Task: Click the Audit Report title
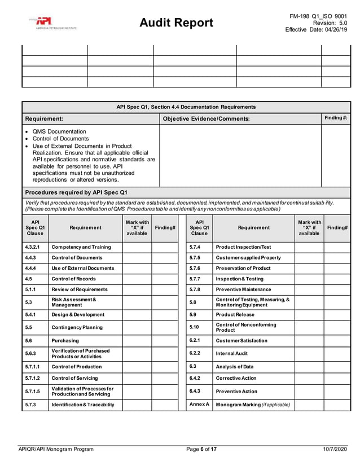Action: (x=177, y=23)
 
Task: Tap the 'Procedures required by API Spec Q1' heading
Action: (x=76, y=192)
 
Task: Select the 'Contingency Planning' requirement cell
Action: (x=77, y=327)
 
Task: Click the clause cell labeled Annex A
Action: (x=199, y=405)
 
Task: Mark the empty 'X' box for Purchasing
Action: (x=137, y=341)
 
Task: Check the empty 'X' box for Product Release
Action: (x=309, y=314)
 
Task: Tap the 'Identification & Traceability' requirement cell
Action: (x=82, y=405)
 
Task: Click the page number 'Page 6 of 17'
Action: (x=194, y=449)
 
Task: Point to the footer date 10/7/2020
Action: (x=335, y=449)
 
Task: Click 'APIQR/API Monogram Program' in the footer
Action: (x=56, y=449)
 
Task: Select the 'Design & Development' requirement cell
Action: (x=78, y=314)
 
